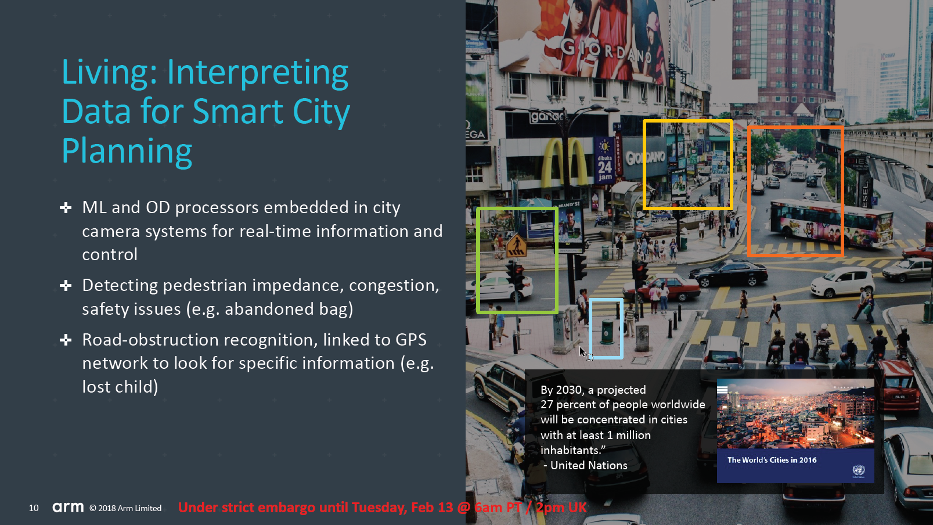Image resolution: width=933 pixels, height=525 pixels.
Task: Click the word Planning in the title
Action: pyautogui.click(x=127, y=151)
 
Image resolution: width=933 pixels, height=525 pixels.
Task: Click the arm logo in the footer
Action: pyautogui.click(x=68, y=507)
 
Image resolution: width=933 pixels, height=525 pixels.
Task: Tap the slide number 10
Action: pyautogui.click(x=34, y=508)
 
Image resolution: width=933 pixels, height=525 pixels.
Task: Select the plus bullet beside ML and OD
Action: pyautogui.click(x=66, y=207)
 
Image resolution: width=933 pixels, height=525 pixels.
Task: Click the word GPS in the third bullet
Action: pyautogui.click(x=410, y=340)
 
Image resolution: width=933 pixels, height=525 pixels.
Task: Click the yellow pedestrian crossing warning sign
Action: pyautogui.click(x=517, y=246)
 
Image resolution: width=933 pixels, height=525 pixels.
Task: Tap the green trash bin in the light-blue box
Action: pyautogui.click(x=607, y=331)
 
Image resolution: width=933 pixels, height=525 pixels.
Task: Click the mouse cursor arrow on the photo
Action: pyautogui.click(x=583, y=352)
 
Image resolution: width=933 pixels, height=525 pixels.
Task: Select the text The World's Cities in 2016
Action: pyautogui.click(x=772, y=460)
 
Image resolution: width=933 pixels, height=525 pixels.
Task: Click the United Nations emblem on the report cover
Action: pyautogui.click(x=859, y=470)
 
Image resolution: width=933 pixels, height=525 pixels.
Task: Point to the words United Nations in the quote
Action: pyautogui.click(x=589, y=465)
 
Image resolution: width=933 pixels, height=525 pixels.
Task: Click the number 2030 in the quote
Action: pyautogui.click(x=569, y=390)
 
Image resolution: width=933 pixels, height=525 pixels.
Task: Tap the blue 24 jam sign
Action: pyautogui.click(x=605, y=160)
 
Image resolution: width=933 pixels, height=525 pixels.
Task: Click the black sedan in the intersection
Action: pyautogui.click(x=728, y=272)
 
